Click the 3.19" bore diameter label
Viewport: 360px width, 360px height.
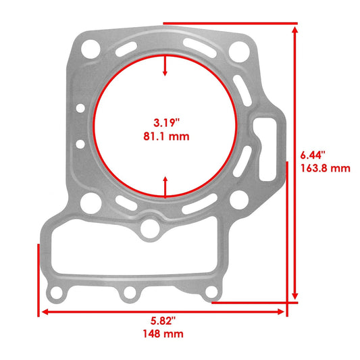click(165, 123)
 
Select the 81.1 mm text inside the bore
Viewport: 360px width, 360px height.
click(165, 136)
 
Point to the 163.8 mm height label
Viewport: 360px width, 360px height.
click(326, 168)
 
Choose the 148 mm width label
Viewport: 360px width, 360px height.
click(163, 334)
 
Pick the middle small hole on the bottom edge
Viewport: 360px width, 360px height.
click(128, 294)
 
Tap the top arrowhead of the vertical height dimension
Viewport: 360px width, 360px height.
click(294, 29)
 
